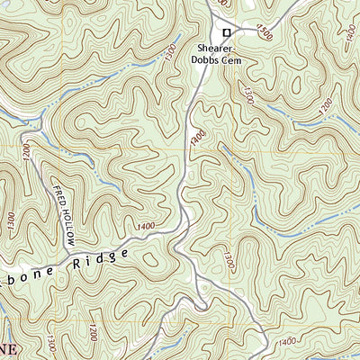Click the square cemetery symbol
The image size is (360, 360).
(227, 33)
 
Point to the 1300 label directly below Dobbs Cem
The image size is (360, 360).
(245, 93)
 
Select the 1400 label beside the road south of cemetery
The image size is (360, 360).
(197, 135)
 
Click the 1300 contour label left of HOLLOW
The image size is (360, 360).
(10, 220)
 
